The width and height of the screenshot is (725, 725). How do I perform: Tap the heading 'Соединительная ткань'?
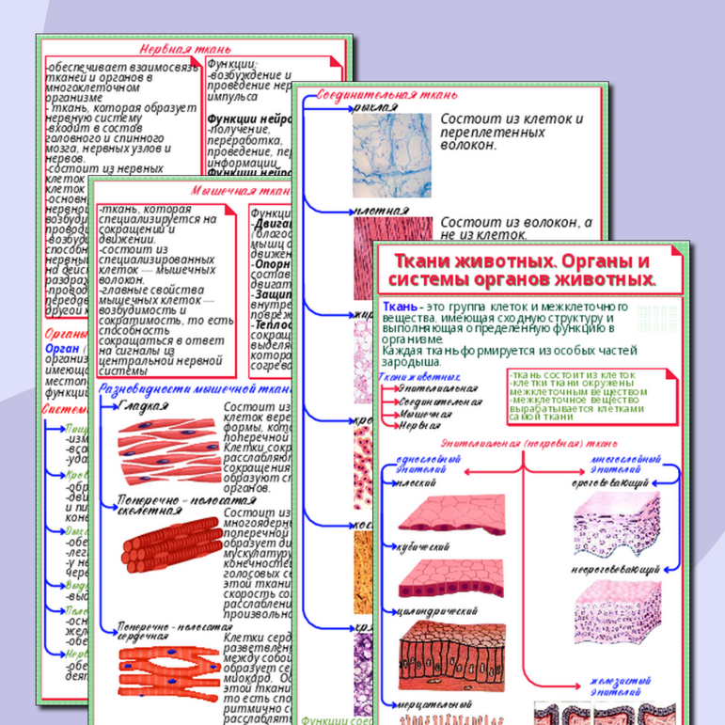click(387, 95)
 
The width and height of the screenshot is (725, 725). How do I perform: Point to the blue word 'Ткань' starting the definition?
click(400, 307)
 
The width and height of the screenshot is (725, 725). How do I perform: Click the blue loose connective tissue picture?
click(387, 154)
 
